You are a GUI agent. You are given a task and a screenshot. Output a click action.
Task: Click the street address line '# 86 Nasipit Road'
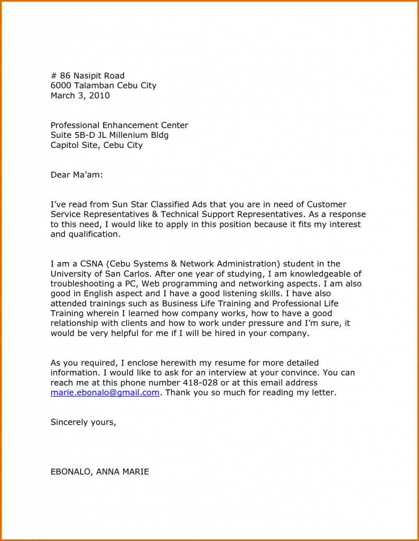click(87, 76)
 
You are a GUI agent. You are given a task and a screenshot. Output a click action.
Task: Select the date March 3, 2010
click(80, 96)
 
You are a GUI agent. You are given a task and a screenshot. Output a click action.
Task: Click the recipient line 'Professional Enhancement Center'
click(119, 125)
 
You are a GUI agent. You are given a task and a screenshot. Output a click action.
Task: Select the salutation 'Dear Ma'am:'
click(77, 175)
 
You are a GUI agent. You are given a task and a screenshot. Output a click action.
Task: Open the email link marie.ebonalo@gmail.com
click(105, 393)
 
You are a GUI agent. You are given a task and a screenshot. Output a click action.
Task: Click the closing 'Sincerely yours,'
click(83, 422)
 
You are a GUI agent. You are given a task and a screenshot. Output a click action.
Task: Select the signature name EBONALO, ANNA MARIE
click(99, 472)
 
